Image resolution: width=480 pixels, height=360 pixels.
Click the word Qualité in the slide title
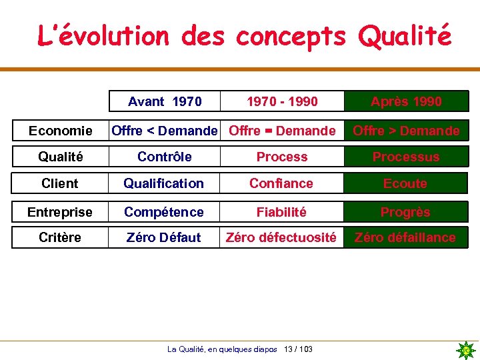point(404,36)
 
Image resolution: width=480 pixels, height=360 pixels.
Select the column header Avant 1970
point(164,101)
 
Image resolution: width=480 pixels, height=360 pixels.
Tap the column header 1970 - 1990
point(282,101)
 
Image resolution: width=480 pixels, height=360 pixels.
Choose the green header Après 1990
point(406,101)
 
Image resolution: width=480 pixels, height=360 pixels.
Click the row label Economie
point(60,131)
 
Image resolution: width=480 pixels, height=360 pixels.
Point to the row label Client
point(60,183)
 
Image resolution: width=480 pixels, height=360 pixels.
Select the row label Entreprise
point(60,212)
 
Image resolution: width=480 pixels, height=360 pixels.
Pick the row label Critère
point(60,237)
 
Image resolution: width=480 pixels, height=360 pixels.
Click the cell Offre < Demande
point(164,131)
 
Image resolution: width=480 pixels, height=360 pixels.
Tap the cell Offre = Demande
point(282,131)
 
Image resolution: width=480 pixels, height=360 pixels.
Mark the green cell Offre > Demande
point(406,131)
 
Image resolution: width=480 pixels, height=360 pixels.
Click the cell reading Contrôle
point(164,157)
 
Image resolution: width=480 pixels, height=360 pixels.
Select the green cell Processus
point(406,157)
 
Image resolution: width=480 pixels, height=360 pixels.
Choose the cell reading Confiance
point(281,183)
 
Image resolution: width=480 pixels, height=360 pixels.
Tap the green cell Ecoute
point(405,183)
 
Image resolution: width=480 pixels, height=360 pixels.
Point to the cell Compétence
point(164,212)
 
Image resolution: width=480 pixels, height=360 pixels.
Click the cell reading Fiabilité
point(281,212)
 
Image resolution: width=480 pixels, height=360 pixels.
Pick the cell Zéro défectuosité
point(281,237)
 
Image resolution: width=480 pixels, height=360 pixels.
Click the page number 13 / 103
point(298,349)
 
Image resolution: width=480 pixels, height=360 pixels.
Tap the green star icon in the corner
point(466,349)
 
